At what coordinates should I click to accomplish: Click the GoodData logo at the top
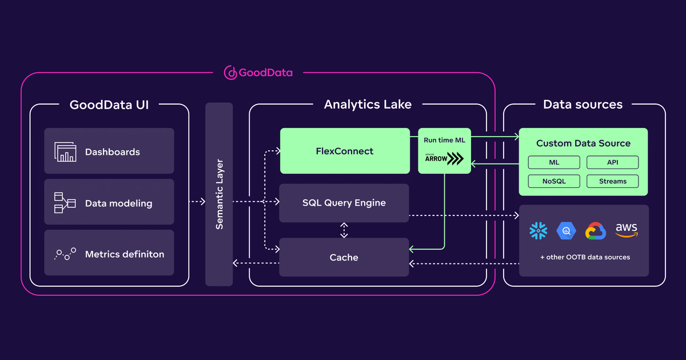tap(258, 73)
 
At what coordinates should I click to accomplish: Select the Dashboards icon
tap(65, 152)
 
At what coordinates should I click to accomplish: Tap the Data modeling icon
tap(65, 203)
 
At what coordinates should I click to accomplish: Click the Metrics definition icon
tap(65, 254)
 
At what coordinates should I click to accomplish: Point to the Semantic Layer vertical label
tap(219, 194)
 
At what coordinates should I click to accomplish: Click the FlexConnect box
tap(345, 151)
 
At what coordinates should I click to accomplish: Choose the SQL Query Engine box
tap(344, 203)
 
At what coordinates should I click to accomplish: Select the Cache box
tap(344, 257)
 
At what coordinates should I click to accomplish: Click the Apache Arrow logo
tap(444, 159)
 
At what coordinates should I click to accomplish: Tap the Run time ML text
tap(444, 140)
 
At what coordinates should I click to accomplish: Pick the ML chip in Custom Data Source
tap(554, 162)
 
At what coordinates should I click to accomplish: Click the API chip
tap(612, 162)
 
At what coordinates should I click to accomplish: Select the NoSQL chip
tap(554, 181)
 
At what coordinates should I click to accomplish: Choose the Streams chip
tap(612, 181)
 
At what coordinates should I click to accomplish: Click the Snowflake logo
tap(538, 231)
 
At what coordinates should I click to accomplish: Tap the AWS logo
tap(626, 230)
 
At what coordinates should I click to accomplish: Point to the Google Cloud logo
tap(596, 231)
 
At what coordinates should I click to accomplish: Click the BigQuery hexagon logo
tap(567, 231)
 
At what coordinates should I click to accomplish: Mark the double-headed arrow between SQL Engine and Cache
tap(344, 230)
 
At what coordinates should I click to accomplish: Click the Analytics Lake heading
tap(368, 105)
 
